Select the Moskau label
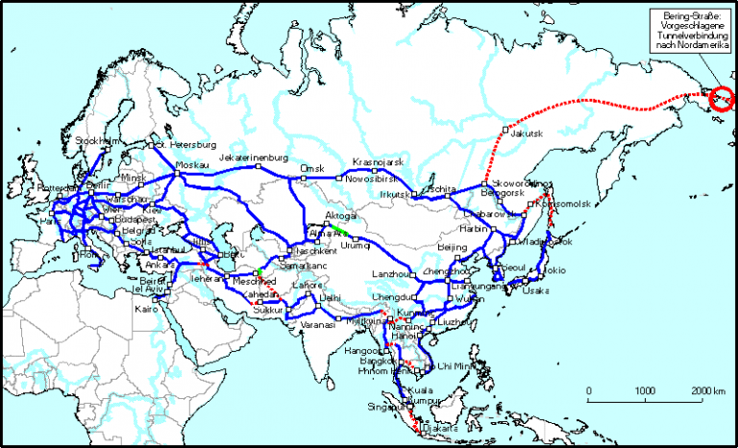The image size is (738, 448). [x=194, y=165]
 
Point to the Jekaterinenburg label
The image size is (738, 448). [x=254, y=157]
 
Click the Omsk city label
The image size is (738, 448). [x=312, y=168]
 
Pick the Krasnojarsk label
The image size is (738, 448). [x=378, y=162]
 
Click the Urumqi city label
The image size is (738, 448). [x=356, y=245]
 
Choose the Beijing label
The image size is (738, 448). [x=452, y=247]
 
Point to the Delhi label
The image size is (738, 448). [x=331, y=298]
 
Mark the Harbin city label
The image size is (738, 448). [x=474, y=230]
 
